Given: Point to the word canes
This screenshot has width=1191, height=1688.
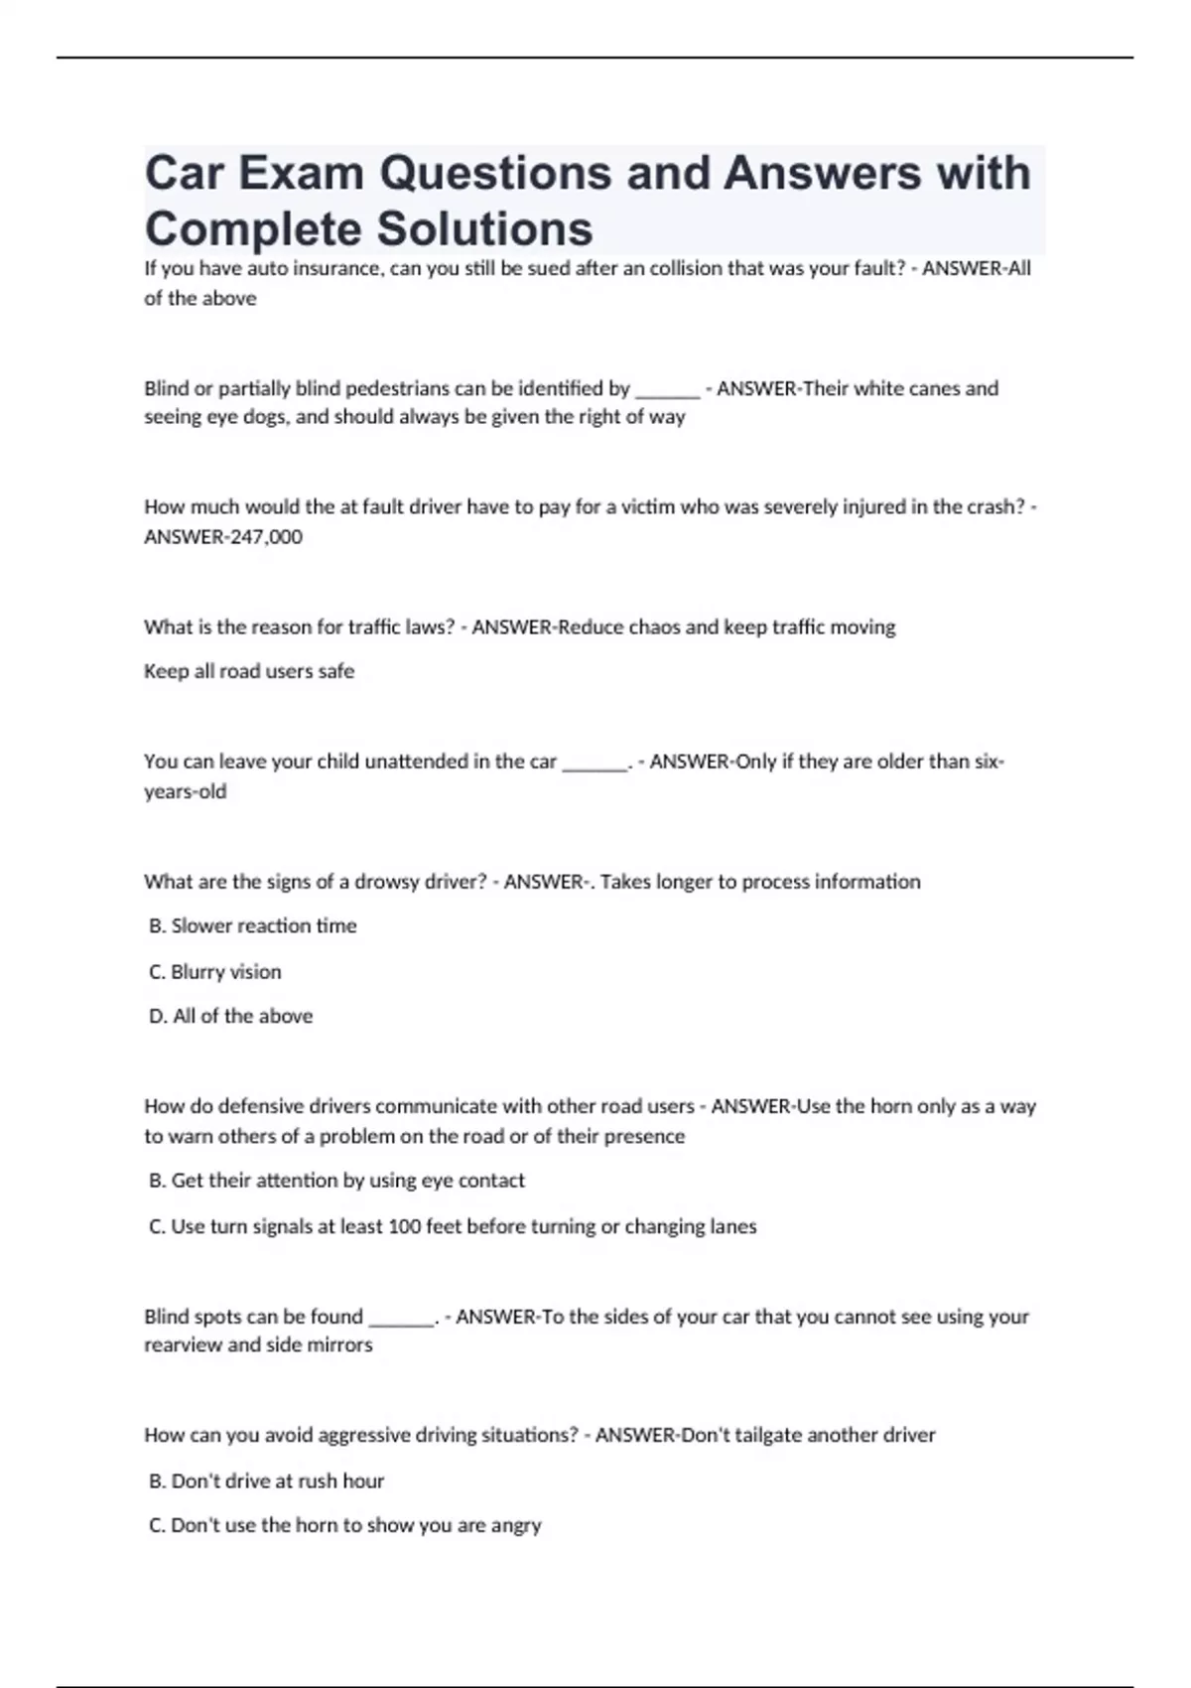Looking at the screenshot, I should pos(932,388).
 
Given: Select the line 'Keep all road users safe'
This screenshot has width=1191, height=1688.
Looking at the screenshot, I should pos(249,671).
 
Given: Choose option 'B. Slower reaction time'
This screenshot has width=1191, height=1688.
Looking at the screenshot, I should pos(252,926).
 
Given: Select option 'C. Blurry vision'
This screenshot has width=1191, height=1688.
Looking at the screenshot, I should pos(214,972).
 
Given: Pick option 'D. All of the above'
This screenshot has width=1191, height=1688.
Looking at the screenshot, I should pos(230,1017).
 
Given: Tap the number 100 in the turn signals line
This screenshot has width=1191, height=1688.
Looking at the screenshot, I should pos(405,1227).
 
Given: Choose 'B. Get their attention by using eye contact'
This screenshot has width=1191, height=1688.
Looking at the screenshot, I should pos(336,1181).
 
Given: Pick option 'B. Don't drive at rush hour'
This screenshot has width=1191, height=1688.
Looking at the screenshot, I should pos(266,1481).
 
